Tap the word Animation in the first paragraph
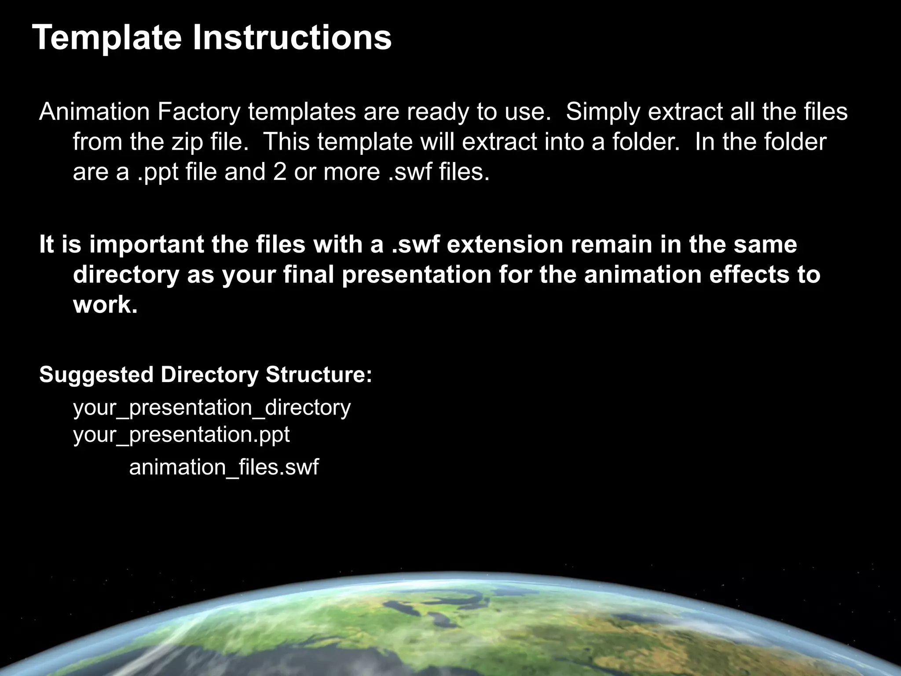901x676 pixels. (95, 112)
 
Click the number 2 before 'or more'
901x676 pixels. (279, 172)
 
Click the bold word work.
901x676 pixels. (106, 305)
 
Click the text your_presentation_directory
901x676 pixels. (212, 408)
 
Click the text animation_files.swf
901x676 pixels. (223, 467)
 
